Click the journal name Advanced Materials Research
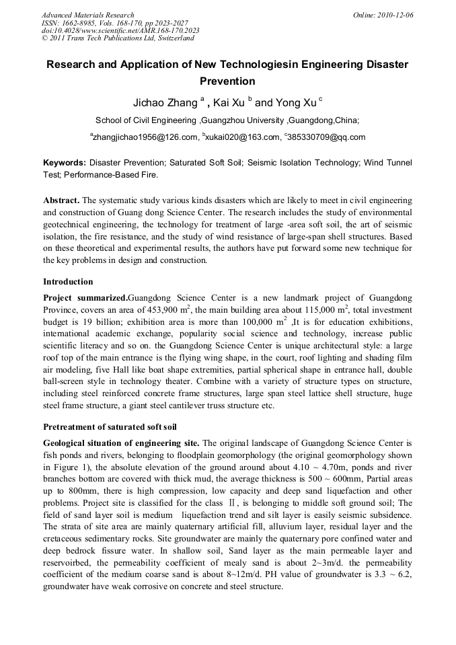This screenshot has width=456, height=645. tap(87, 15)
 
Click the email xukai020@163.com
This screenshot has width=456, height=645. tap(242, 137)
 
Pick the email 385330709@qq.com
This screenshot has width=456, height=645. tap(327, 137)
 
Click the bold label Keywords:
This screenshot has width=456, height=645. tap(65, 163)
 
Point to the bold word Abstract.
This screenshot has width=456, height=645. tap(62, 201)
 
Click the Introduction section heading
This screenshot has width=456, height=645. tap(68, 281)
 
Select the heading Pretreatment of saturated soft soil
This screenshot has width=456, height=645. tap(110, 426)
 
